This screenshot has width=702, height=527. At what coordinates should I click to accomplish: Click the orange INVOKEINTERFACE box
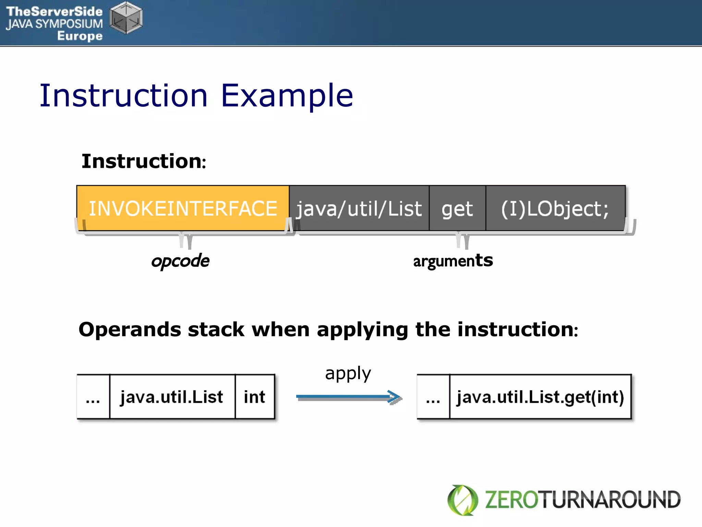tap(183, 208)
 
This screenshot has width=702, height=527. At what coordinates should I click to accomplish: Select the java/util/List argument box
tap(359, 208)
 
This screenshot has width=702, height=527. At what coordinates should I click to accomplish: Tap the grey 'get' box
tap(457, 208)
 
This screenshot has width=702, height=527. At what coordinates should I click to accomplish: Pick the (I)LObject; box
tap(555, 208)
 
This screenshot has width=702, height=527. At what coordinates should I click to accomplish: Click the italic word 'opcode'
tap(180, 261)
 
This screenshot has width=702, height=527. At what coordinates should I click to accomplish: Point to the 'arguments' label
tap(453, 261)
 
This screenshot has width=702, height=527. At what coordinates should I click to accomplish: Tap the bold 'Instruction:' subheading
tap(144, 161)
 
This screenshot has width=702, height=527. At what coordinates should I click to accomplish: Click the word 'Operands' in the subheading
tap(130, 329)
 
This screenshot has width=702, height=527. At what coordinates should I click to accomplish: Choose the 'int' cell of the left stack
tap(255, 397)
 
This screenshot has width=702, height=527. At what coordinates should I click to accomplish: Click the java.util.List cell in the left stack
tap(172, 397)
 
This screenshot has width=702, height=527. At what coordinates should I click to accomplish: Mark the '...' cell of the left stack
tap(93, 397)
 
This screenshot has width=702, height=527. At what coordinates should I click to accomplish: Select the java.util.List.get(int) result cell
tap(540, 397)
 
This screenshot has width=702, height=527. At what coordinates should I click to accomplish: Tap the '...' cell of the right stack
tap(433, 397)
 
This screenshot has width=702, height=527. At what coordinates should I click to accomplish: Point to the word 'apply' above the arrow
tap(348, 373)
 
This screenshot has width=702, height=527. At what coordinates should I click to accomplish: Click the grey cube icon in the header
tap(126, 18)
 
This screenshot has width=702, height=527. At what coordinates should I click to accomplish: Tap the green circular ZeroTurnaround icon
tap(462, 500)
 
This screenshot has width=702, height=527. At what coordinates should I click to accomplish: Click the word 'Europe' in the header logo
tap(80, 36)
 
